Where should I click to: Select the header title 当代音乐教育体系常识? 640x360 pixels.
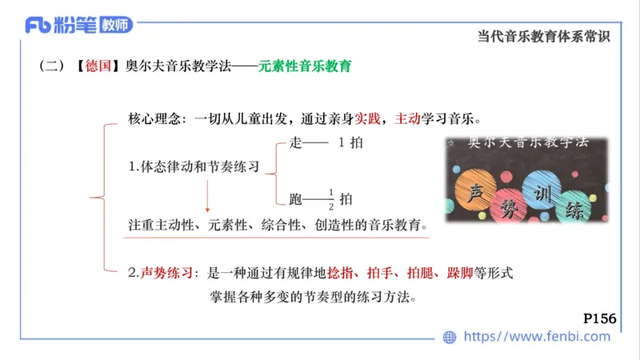[x=543, y=36]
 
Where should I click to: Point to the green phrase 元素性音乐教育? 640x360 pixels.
[x=305, y=66]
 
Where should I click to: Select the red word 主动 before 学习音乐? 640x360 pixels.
[x=407, y=118]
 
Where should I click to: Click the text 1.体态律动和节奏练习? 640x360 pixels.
[x=194, y=168]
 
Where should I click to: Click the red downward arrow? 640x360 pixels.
[x=207, y=195]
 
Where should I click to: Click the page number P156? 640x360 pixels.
[x=599, y=318]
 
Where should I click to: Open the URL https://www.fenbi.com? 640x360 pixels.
[x=537, y=337]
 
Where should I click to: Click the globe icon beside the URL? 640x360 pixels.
[x=450, y=337]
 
